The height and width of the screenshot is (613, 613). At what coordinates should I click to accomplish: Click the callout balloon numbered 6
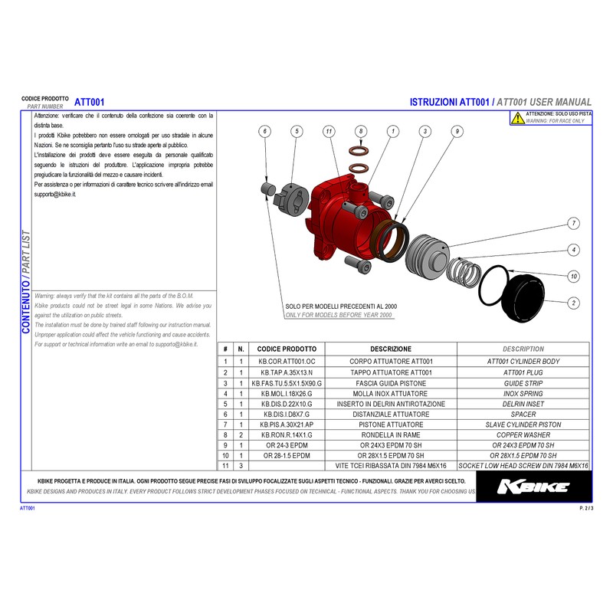pos(265,132)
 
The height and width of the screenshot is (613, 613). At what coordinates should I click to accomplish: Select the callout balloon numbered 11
pos(328,132)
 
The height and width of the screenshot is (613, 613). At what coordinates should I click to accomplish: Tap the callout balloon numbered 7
pos(572,224)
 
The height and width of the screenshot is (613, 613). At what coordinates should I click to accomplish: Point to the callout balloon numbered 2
pos(572,303)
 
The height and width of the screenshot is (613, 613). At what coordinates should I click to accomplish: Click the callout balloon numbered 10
pos(572,276)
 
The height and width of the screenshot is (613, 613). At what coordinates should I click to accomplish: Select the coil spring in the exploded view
pos(464,271)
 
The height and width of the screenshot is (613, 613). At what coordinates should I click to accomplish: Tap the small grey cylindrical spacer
pos(269,188)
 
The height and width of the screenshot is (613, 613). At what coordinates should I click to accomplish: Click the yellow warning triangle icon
pos(519,118)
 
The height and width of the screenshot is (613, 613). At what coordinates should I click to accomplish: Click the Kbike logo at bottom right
pos(533,487)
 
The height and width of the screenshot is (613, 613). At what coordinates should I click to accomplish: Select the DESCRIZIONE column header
pos(390,349)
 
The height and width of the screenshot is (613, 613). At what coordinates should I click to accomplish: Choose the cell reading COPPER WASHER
pos(523,434)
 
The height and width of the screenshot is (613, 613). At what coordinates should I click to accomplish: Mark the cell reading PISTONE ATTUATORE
pos(390,424)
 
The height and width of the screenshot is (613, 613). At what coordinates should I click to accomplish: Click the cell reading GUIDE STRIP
pos(523,382)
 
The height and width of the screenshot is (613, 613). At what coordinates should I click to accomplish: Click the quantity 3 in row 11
pos(241,465)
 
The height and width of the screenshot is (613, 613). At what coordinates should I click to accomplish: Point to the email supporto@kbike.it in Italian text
pos(56,195)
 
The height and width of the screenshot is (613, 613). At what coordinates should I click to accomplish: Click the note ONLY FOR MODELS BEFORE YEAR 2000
pos(338,315)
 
